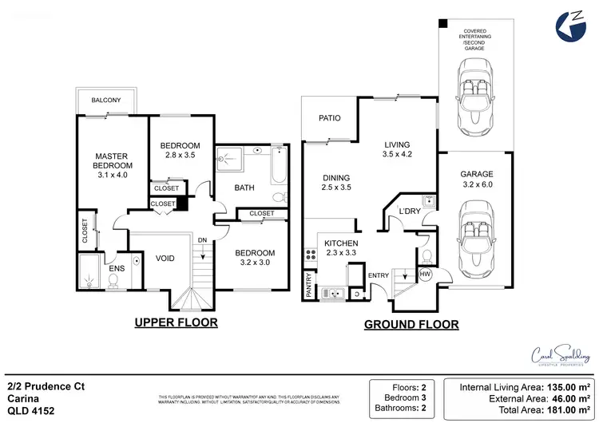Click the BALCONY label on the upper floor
[x=106, y=101]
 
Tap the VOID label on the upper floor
[x=165, y=258]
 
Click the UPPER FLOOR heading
[x=175, y=322]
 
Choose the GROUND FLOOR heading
[x=411, y=325]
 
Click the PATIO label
[x=330, y=118]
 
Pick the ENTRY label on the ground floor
[x=378, y=275]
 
